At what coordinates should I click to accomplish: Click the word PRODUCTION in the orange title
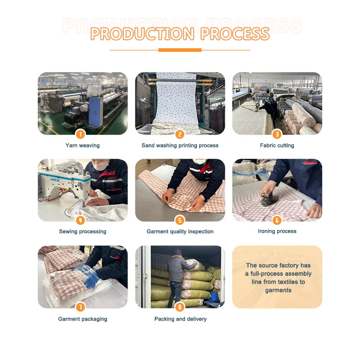point(142,34)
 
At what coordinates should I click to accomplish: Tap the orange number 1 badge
point(80,134)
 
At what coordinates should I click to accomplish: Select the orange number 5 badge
point(180,220)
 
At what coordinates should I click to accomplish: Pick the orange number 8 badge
point(180,307)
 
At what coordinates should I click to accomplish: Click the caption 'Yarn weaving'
point(83,145)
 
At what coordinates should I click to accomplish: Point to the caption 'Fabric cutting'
point(277,145)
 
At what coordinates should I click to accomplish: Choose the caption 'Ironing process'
point(277,231)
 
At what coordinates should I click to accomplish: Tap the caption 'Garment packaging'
point(83,319)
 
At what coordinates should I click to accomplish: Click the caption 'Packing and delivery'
point(180,319)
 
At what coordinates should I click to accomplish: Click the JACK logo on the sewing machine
point(55,180)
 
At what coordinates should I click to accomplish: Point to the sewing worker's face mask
point(100,165)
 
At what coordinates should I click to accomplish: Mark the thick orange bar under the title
point(180,50)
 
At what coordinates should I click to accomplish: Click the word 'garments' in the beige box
point(278,291)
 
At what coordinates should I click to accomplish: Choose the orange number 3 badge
point(277,134)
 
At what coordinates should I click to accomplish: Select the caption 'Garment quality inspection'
point(180,231)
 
